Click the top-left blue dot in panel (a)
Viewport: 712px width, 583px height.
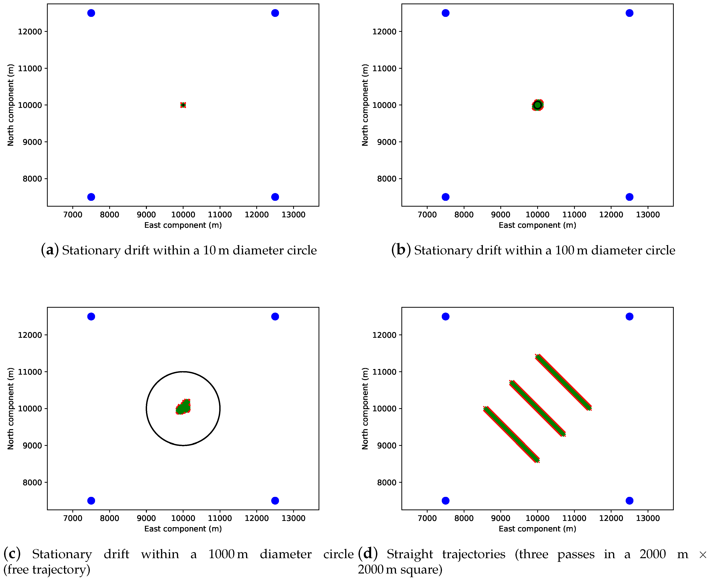tap(91, 13)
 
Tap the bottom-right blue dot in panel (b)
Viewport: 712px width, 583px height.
tap(629, 197)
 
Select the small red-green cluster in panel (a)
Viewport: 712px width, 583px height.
tap(183, 105)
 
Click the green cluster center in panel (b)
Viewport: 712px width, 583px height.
tap(537, 105)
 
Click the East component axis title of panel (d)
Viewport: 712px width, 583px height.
tap(537, 529)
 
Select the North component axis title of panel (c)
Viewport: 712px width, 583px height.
tap(10, 408)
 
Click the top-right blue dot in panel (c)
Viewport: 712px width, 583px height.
tap(275, 316)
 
